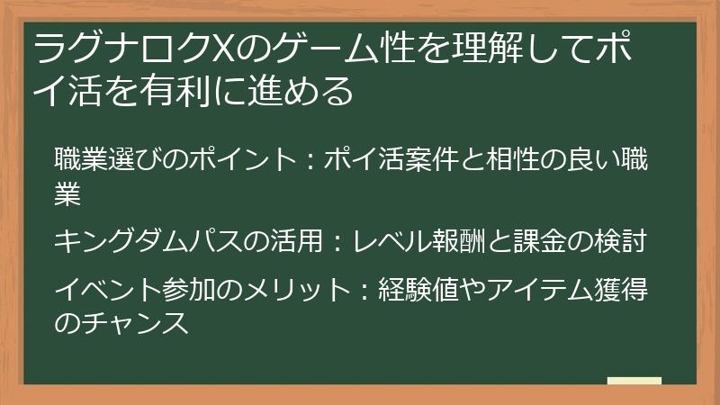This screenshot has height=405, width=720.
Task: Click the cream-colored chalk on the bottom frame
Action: [634, 382]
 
